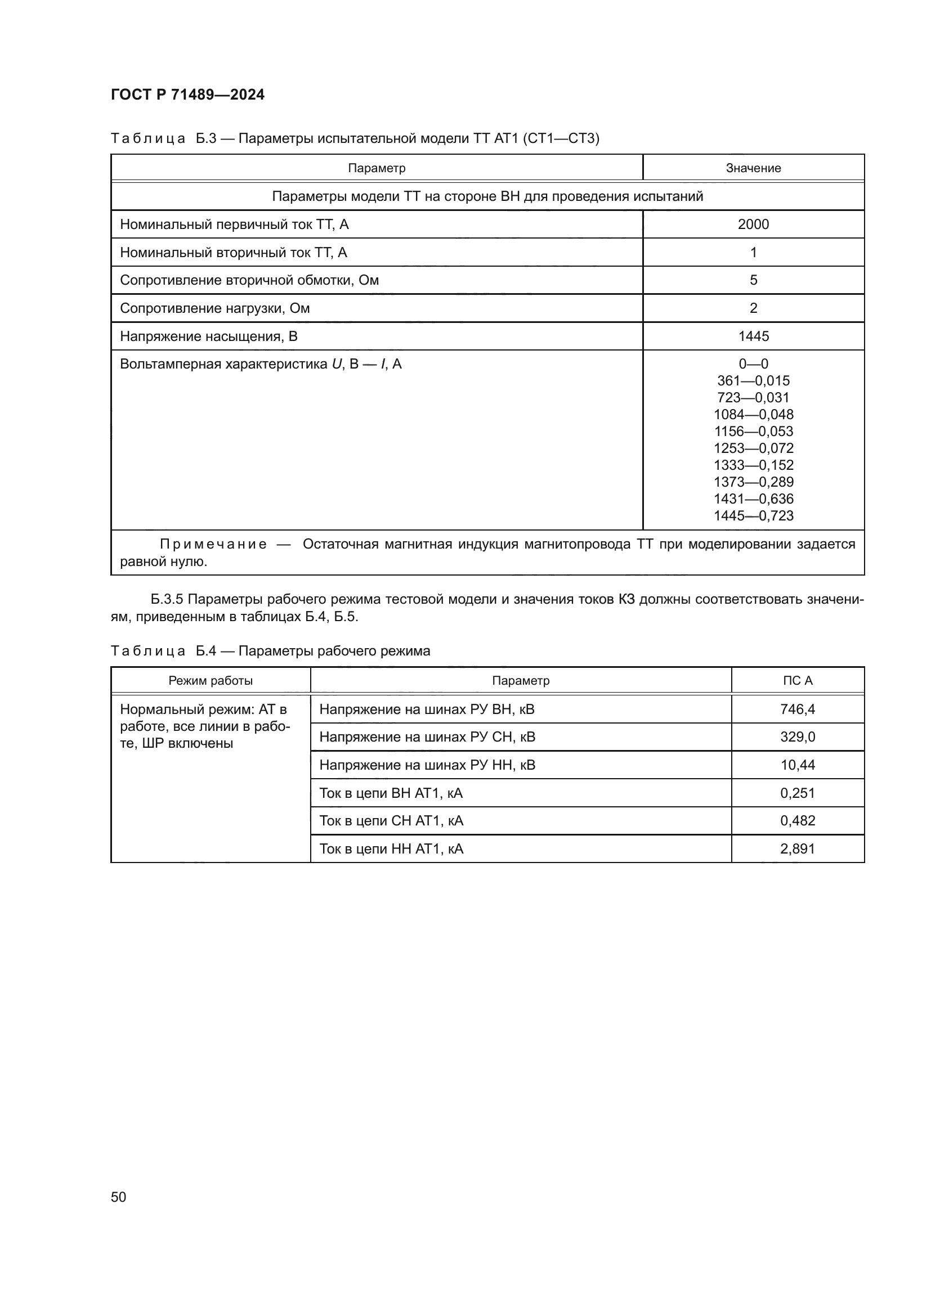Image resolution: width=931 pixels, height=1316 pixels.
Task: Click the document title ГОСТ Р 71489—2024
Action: coord(187,95)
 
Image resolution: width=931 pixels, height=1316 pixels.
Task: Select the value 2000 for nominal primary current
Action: coord(753,224)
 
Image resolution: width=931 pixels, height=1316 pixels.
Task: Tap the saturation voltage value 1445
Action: coord(753,336)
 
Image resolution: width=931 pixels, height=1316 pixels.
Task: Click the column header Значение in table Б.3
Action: coord(753,168)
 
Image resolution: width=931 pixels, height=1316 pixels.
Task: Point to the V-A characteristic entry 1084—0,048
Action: coord(753,415)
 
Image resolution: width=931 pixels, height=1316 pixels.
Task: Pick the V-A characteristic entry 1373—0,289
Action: coord(753,482)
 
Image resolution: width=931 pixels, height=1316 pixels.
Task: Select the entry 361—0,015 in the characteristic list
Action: coord(753,380)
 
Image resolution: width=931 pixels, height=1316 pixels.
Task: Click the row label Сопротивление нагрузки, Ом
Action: coord(214,308)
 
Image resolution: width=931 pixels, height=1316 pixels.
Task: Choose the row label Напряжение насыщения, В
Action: coord(209,336)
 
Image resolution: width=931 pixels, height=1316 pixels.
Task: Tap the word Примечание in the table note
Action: coord(213,544)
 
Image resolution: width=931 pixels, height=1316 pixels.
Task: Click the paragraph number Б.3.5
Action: coord(166,600)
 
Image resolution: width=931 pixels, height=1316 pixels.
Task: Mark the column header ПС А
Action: coord(798,680)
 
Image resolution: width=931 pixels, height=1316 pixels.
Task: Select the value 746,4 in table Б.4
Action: coord(798,709)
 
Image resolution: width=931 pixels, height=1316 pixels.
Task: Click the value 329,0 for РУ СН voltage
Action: coord(798,736)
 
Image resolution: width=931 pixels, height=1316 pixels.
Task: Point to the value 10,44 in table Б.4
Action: coord(798,765)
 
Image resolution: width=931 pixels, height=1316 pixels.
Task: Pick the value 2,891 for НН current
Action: coord(798,848)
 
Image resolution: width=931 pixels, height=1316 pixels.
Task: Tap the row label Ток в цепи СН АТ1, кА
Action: coord(391,821)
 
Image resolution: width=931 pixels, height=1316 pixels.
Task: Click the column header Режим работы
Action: coord(211,680)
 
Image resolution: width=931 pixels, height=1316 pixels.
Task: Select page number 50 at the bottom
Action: coord(119,1197)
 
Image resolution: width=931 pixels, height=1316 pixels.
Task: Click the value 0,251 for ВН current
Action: coord(798,793)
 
